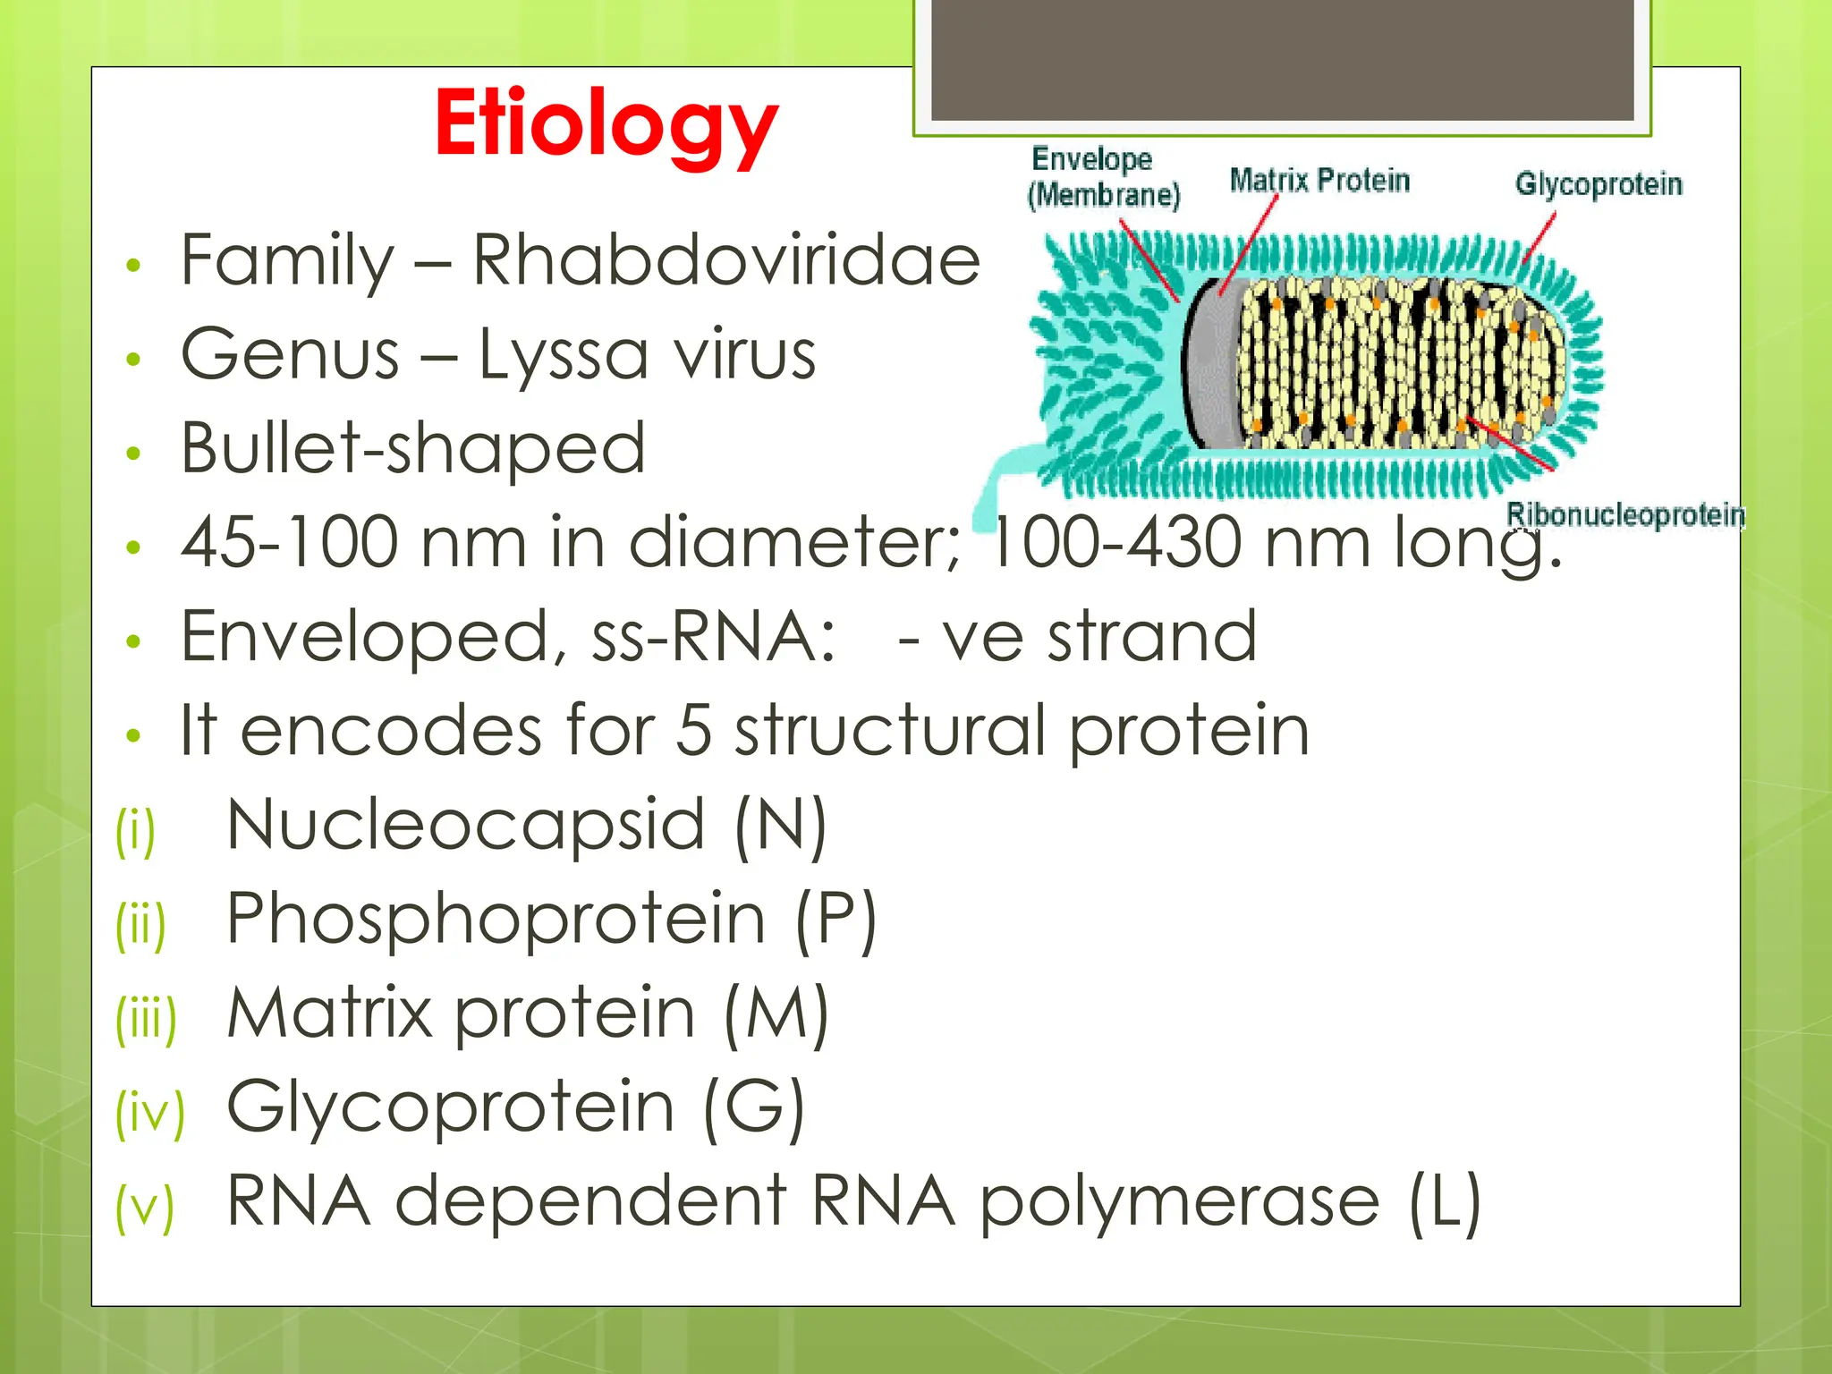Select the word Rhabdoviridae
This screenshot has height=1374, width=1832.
pos(725,260)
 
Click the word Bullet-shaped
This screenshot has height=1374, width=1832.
pos(412,448)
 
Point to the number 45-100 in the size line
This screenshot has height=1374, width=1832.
pos(289,542)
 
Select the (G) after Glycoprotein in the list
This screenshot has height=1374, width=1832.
pos(753,1107)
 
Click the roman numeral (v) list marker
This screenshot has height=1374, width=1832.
pos(144,1207)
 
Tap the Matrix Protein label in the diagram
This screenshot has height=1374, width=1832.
pos(1319,181)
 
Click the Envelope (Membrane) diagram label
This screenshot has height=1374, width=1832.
pos(1102,177)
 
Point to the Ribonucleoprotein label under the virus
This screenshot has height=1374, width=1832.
pos(1624,515)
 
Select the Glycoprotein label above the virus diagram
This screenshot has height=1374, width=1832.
pos(1598,184)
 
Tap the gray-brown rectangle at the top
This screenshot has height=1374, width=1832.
pos(1282,58)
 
